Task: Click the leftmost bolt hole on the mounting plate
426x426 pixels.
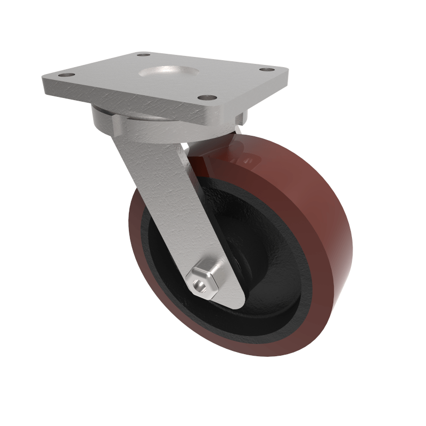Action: point(65,75)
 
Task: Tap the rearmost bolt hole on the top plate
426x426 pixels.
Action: point(143,54)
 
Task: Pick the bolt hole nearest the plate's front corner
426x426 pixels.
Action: point(209,98)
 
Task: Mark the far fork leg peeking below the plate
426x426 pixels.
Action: point(240,130)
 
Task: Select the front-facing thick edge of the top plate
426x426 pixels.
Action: point(128,99)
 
